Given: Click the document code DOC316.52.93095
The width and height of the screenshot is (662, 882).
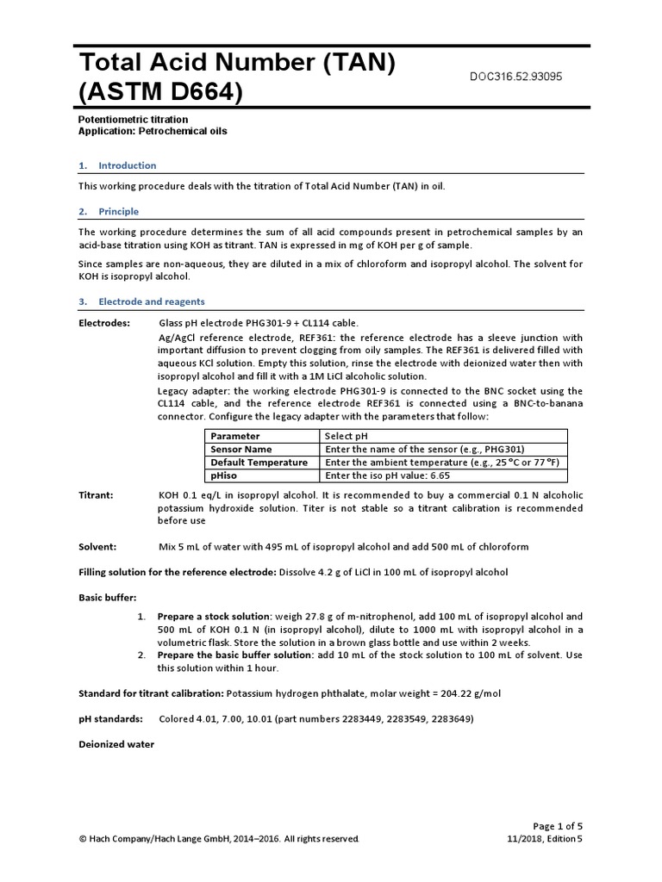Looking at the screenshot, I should pos(515,77).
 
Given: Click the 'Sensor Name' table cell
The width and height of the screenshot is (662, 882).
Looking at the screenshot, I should pos(241,450).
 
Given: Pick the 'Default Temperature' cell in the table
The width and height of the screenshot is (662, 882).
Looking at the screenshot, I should pos(259,463).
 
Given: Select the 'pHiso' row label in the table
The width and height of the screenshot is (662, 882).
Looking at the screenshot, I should pos(225,475).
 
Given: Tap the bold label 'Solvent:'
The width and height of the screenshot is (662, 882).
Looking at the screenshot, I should pos(103,547).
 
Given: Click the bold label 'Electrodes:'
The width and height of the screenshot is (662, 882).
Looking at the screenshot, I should pos(104,323).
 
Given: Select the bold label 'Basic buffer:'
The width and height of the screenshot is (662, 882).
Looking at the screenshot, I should pos(108,597).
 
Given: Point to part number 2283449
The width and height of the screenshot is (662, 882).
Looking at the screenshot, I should pos(372,718).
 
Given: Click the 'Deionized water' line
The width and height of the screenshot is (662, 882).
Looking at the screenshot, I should pos(116,744).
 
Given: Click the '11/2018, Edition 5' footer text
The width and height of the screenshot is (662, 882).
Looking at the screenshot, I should pos(545,838).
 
